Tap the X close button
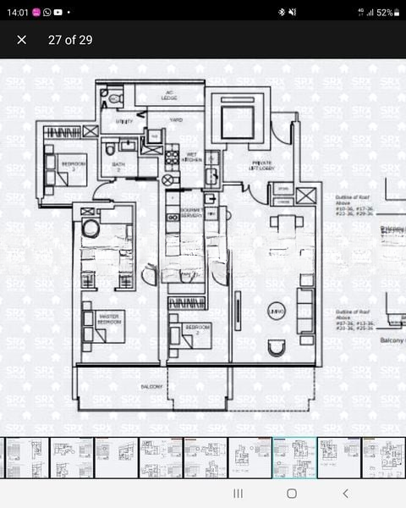click(22, 40)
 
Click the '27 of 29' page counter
click(70, 40)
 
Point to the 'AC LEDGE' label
click(169, 95)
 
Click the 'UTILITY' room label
click(124, 121)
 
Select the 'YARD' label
click(176, 120)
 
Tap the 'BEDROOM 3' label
click(73, 165)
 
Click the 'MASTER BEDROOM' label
click(111, 318)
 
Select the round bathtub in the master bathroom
click(91, 228)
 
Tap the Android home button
click(291, 493)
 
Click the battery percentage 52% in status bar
click(384, 13)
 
